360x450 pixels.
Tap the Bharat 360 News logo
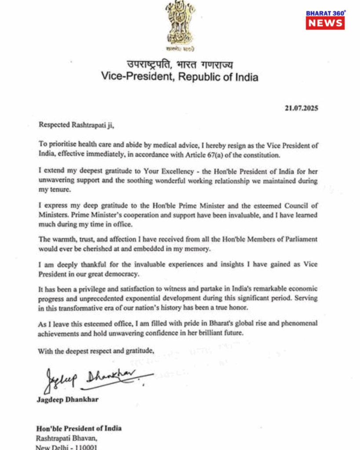325,20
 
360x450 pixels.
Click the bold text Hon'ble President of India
80,428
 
